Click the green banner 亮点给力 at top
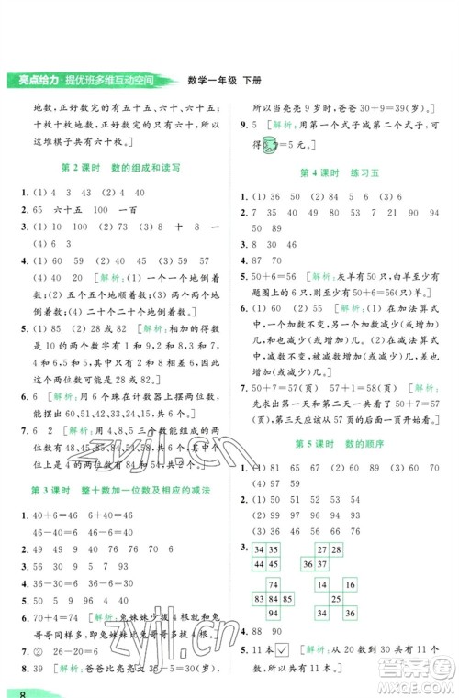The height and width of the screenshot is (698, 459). coord(87,79)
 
